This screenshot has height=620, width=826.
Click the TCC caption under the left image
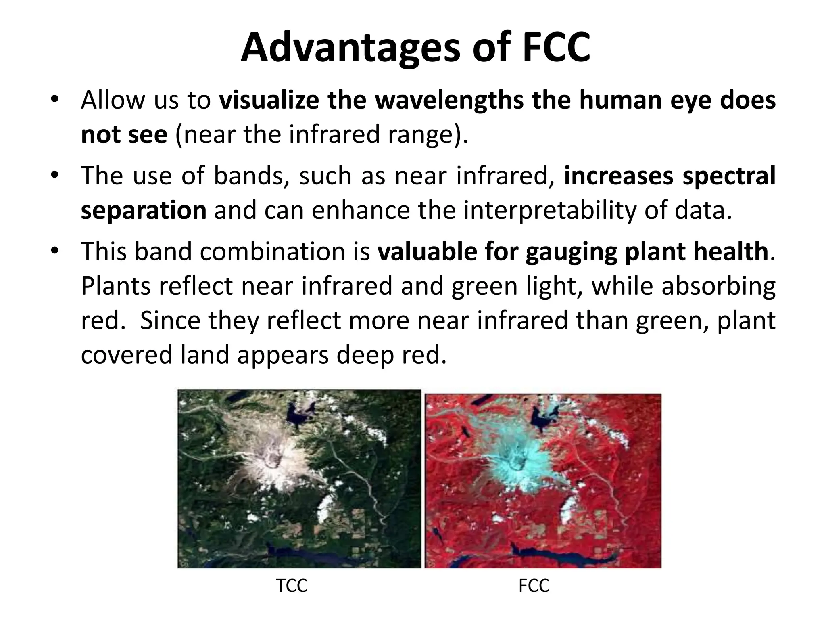pyautogui.click(x=292, y=586)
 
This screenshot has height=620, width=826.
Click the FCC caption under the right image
pyautogui.click(x=534, y=586)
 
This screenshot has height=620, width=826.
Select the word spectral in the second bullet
pyautogui.click(x=729, y=176)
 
